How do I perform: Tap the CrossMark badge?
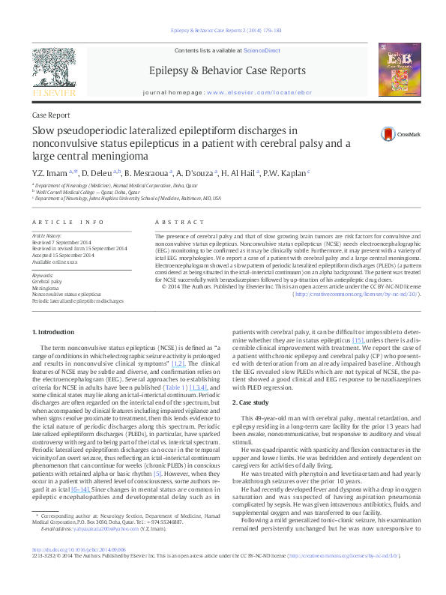(x=389, y=133)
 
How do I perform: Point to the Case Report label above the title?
(x=51, y=115)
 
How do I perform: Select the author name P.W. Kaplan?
(x=285, y=173)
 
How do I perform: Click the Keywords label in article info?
(x=43, y=276)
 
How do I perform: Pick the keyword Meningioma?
(x=46, y=288)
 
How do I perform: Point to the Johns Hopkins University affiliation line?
(x=127, y=199)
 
